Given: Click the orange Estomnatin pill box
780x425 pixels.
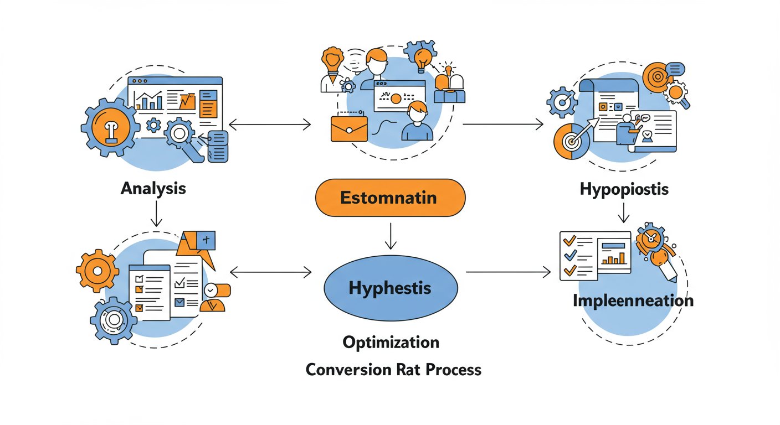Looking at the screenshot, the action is [x=391, y=198].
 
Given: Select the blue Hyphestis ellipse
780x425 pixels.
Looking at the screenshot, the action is [x=391, y=288].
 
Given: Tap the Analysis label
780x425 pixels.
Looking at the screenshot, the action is [x=153, y=189].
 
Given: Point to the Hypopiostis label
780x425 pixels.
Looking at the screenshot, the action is [x=624, y=190].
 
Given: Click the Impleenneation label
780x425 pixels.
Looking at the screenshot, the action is [x=633, y=300].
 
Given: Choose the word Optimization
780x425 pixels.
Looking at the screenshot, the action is [x=391, y=343].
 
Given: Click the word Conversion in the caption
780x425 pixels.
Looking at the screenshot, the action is [x=348, y=369].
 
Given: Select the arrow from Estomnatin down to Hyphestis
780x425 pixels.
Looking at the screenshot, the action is [x=391, y=236].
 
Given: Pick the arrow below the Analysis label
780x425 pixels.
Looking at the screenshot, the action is [x=156, y=214].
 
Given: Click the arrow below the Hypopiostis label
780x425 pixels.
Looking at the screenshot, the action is [x=623, y=212].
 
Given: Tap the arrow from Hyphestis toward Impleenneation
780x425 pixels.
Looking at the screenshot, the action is [x=509, y=272].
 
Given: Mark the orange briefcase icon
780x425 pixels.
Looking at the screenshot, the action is [x=349, y=129].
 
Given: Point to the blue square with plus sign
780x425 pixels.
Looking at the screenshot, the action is [x=206, y=240].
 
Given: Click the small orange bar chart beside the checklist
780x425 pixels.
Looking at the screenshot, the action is [x=614, y=258].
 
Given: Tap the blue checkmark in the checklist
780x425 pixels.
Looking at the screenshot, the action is [x=570, y=256].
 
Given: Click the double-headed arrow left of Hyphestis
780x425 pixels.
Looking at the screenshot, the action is [x=270, y=272].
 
